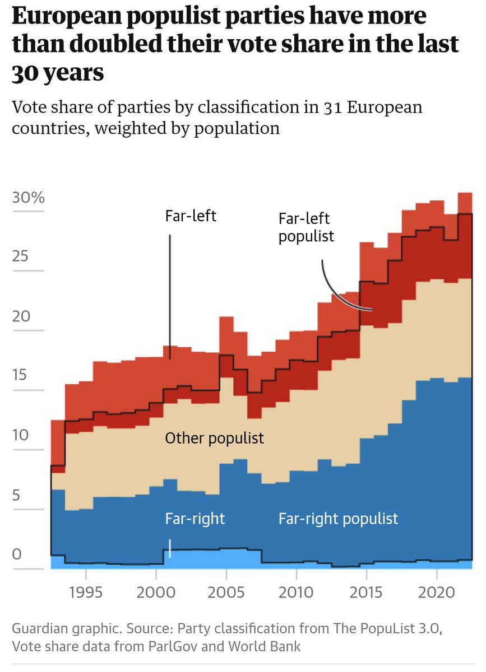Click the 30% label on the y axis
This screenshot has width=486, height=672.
pos(28,198)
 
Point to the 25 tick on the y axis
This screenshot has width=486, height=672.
pos(21,257)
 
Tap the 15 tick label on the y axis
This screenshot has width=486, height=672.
pos(21,375)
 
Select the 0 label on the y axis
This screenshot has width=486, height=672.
pos(17,554)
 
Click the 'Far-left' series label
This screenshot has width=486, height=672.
pos(191,216)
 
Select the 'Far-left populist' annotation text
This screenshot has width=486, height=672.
pos(306,227)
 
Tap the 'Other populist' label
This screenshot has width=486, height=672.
pos(214,437)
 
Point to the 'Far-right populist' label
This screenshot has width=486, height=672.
pos(338,519)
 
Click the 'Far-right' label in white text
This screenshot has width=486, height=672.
pos(195,519)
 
